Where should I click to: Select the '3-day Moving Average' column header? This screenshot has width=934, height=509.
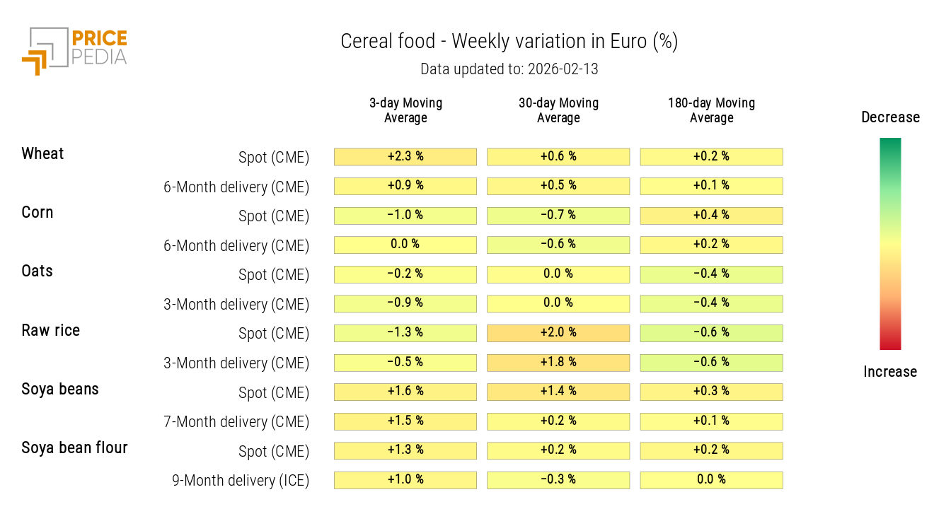(x=405, y=110)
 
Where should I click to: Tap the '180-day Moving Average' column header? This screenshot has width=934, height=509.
(x=711, y=110)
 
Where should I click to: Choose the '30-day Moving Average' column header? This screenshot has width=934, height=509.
(x=558, y=110)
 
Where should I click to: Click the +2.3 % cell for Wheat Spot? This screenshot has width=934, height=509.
(x=405, y=156)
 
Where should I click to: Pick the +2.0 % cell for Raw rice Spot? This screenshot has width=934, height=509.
(x=558, y=332)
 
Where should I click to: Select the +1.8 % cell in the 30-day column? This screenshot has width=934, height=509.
(x=558, y=362)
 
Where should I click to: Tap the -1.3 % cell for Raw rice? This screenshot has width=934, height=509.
(x=405, y=332)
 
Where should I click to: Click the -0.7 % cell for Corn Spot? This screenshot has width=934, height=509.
(x=558, y=215)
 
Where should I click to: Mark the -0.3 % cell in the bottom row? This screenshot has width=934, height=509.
(x=558, y=479)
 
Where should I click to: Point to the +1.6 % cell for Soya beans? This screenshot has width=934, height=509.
(x=405, y=391)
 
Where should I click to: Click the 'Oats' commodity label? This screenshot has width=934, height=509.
(x=37, y=271)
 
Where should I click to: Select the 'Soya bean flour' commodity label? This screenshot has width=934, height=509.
(x=74, y=447)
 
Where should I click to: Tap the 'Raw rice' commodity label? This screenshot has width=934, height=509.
(x=50, y=330)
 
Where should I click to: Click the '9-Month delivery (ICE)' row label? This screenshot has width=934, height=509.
(x=241, y=481)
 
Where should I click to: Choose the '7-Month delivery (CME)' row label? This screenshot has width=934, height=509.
(x=236, y=422)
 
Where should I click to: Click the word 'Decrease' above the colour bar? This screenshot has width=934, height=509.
(x=890, y=117)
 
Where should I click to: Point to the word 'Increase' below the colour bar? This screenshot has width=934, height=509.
(x=890, y=372)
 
